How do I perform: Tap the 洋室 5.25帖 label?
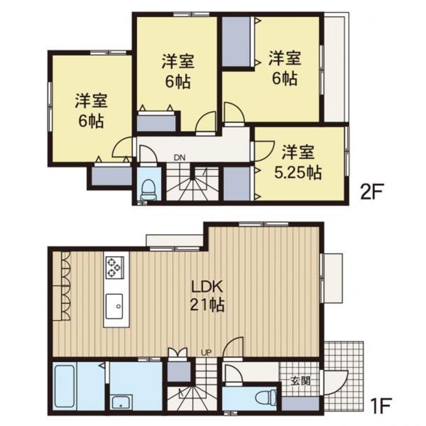pyautogui.click(x=298, y=162)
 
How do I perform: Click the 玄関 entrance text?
pyautogui.click(x=301, y=381)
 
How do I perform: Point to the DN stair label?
pyautogui.click(x=179, y=157)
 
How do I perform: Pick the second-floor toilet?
pyautogui.click(x=149, y=187)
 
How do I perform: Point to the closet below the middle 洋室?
pyautogui.click(x=156, y=123)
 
